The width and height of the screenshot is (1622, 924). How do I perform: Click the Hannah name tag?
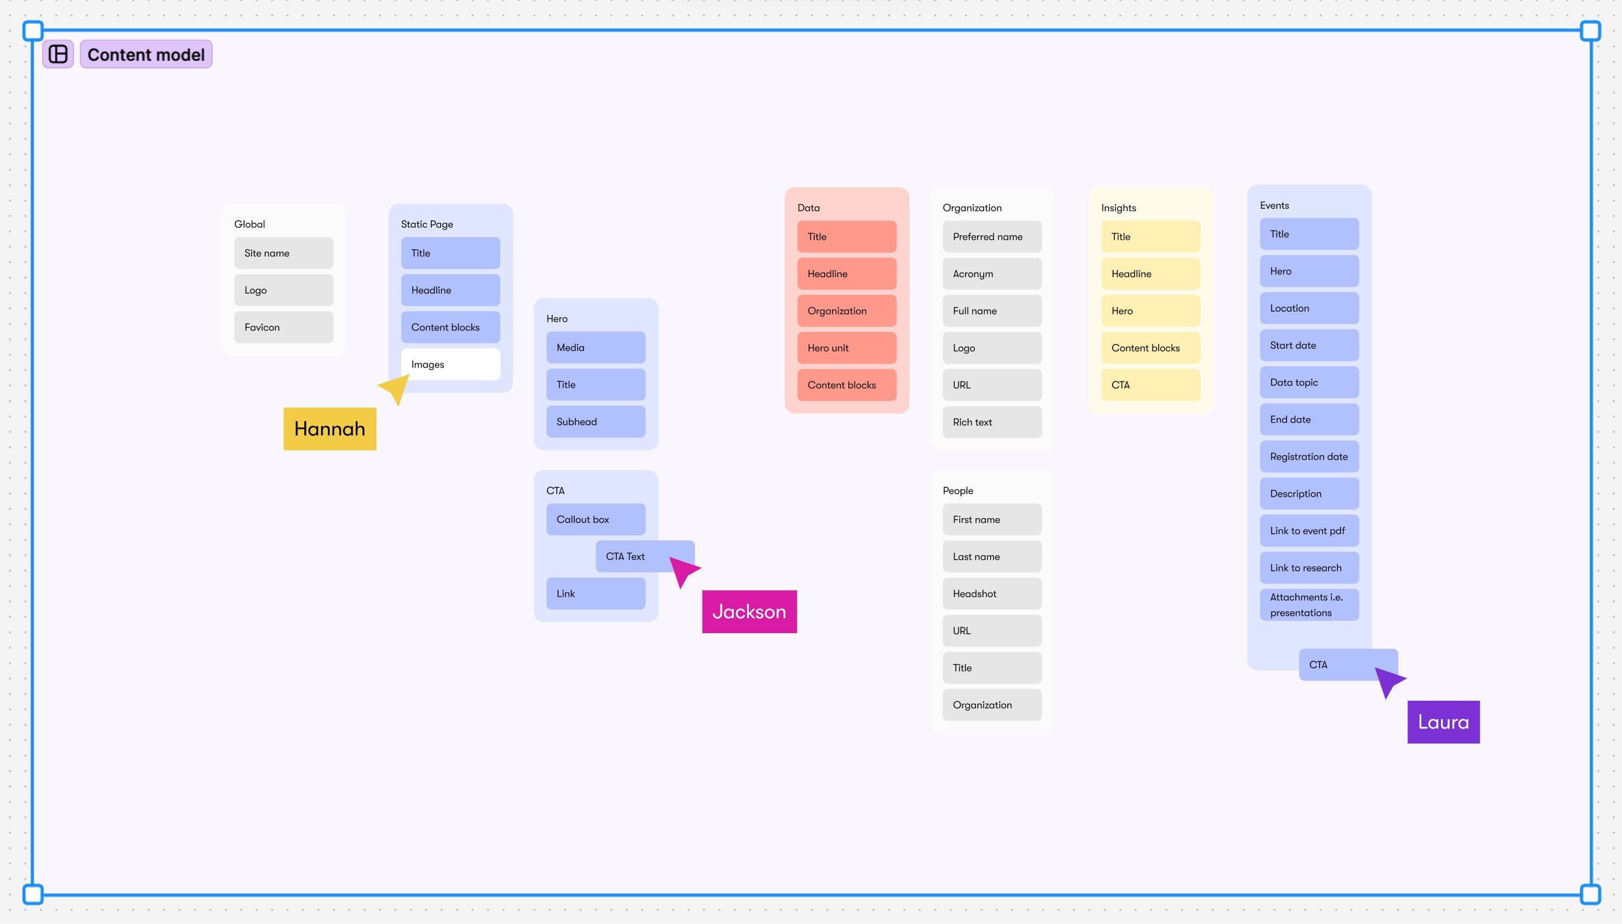(330, 429)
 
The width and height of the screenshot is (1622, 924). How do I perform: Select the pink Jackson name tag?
(749, 612)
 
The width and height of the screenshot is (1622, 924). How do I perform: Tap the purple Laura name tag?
(1443, 722)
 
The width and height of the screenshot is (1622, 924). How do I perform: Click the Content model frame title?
(146, 54)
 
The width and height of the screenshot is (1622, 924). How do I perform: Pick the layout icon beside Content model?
(58, 54)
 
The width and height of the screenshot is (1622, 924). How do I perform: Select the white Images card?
(450, 364)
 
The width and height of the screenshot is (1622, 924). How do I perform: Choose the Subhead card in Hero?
(595, 422)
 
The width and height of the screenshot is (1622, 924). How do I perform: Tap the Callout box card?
(595, 520)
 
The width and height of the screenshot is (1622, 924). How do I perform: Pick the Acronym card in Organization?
(991, 274)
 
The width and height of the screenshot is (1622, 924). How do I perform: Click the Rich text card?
(991, 423)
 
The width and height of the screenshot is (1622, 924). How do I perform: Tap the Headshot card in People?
(991, 594)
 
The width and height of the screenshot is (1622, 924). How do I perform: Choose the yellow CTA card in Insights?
(1150, 385)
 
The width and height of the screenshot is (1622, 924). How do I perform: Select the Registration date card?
(1309, 457)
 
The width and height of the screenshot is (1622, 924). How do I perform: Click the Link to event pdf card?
(1309, 531)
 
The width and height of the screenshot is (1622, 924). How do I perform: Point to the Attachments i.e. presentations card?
(1309, 605)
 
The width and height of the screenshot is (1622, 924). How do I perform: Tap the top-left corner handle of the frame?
(33, 31)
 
